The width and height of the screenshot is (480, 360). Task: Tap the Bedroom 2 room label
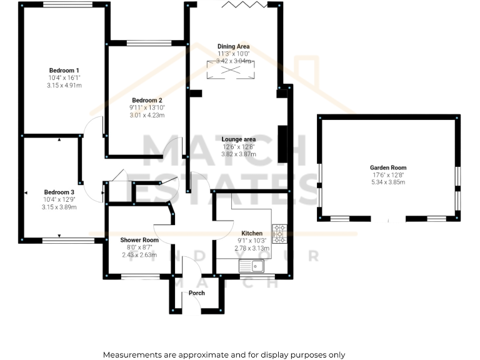click(147, 100)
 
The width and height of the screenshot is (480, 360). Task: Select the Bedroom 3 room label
click(59, 192)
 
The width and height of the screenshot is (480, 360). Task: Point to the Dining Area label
click(233, 46)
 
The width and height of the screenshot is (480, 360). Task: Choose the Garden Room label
click(388, 167)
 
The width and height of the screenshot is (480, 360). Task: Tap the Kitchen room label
click(252, 232)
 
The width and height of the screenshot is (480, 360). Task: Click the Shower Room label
click(139, 239)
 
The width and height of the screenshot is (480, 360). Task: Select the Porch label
click(197, 292)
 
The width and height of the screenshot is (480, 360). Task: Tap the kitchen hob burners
click(279, 234)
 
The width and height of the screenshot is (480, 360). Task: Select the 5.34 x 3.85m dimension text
click(388, 182)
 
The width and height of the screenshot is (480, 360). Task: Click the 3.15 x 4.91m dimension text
click(64, 85)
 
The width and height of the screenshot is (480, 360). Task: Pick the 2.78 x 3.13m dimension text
click(252, 247)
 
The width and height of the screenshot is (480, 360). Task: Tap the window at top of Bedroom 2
click(147, 43)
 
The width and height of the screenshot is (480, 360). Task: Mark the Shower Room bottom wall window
click(140, 276)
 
